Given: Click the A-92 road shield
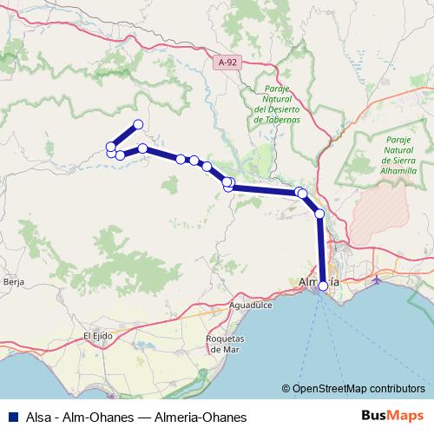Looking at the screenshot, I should click(227, 62).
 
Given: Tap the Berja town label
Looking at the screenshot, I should click(12, 281).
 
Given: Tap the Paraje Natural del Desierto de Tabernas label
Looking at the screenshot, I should click(277, 104).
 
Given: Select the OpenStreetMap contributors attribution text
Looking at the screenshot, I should click(359, 390).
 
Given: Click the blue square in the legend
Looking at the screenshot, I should click(11, 417).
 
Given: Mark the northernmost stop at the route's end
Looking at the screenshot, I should click(137, 124).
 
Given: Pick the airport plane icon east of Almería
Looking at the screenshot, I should click(376, 280).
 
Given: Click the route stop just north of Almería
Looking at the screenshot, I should click(319, 214).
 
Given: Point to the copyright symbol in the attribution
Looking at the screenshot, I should click(286, 390).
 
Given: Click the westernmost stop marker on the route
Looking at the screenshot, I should click(110, 146).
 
